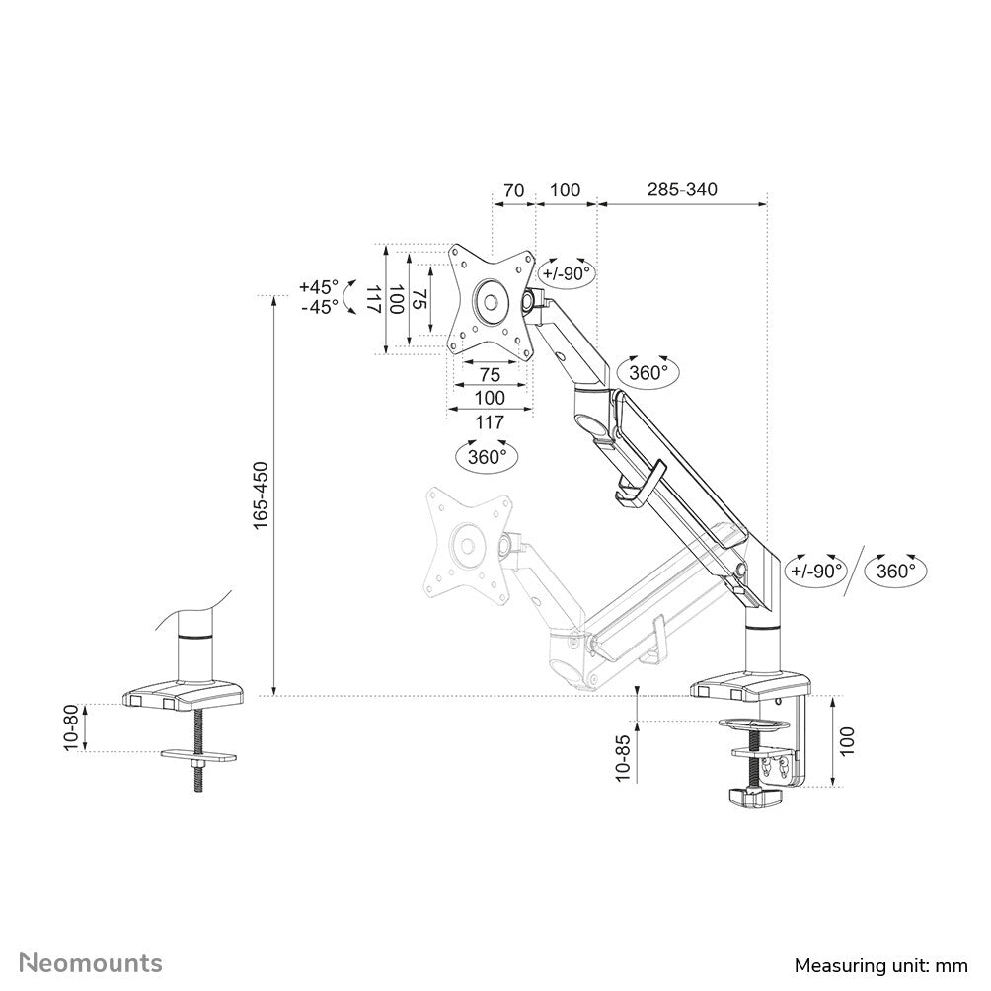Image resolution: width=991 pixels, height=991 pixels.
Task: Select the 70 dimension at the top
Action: click(513, 190)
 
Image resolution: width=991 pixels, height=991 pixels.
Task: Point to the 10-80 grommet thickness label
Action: click(70, 728)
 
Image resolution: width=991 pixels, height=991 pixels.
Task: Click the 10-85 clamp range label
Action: click(621, 758)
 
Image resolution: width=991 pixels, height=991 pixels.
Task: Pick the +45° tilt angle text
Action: click(318, 287)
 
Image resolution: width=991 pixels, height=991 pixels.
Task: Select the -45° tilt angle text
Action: click(318, 307)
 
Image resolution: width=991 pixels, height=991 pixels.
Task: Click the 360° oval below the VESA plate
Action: click(487, 457)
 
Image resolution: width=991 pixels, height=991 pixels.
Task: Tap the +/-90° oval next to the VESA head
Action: click(566, 273)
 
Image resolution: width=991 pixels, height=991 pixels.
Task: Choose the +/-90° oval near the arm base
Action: click(816, 570)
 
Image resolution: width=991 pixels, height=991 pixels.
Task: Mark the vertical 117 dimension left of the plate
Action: click(373, 299)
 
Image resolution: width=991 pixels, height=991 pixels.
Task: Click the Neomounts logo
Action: click(92, 961)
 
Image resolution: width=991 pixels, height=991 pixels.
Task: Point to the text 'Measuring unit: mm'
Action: click(882, 963)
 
